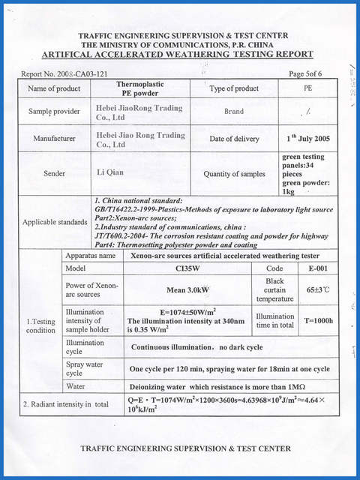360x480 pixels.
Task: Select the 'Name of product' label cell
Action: click(x=53, y=89)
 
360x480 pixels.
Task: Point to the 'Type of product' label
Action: click(x=233, y=89)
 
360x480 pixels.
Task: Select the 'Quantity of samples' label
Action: click(x=233, y=174)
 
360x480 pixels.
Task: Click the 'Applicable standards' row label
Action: click(x=55, y=222)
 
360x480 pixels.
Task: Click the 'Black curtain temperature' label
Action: click(x=275, y=289)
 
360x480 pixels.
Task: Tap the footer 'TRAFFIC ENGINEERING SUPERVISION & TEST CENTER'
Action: click(x=184, y=448)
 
